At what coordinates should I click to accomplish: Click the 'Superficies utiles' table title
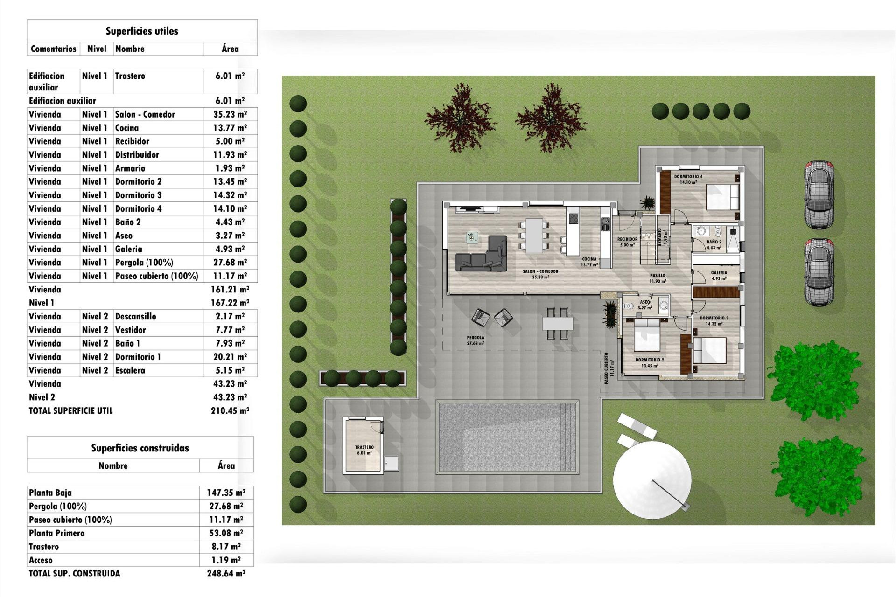(x=142, y=31)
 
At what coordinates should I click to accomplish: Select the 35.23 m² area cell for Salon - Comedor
(x=230, y=114)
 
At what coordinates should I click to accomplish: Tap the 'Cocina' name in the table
(x=127, y=128)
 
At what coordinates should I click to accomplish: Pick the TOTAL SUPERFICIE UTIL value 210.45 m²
(x=230, y=411)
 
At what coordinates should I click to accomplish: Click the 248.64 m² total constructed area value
(x=226, y=574)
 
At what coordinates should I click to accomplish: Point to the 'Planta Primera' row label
(x=57, y=533)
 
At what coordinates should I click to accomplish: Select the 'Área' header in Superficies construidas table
(x=226, y=465)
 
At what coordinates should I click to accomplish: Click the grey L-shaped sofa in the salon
(x=483, y=257)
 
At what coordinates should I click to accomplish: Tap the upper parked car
(x=819, y=194)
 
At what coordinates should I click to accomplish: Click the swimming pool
(x=507, y=437)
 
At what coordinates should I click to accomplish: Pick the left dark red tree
(x=460, y=118)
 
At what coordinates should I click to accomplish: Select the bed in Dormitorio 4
(x=722, y=197)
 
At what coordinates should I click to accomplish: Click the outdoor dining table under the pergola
(x=557, y=323)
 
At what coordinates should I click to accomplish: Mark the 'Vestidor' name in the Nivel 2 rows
(x=131, y=330)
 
